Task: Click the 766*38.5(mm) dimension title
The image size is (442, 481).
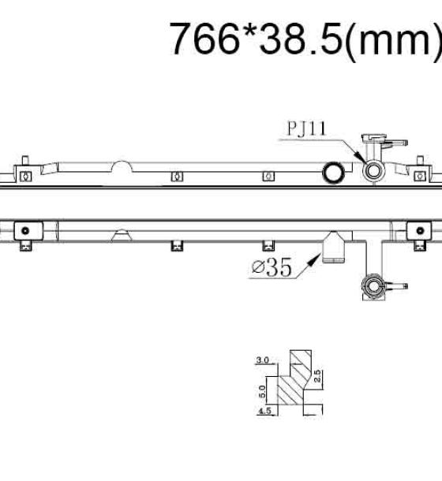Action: [305, 39]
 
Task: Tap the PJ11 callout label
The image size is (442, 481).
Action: [306, 129]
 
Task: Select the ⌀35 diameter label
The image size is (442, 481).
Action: [272, 267]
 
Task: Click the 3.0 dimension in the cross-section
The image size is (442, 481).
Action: [262, 360]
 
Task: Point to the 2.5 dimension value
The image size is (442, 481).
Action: [317, 376]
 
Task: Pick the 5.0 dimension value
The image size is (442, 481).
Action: [262, 392]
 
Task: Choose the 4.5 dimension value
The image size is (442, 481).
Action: [264, 411]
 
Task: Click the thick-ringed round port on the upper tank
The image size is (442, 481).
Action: [333, 172]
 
